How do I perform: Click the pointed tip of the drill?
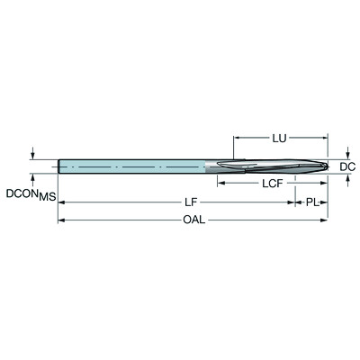tap(327, 167)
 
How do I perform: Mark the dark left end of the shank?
tap(59, 167)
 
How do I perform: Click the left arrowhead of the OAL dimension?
tap(62, 220)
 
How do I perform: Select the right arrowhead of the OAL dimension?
tap(324, 220)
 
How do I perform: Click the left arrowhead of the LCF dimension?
tap(217, 184)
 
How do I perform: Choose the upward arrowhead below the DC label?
tap(348, 178)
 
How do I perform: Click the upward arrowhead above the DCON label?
tap(33, 177)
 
